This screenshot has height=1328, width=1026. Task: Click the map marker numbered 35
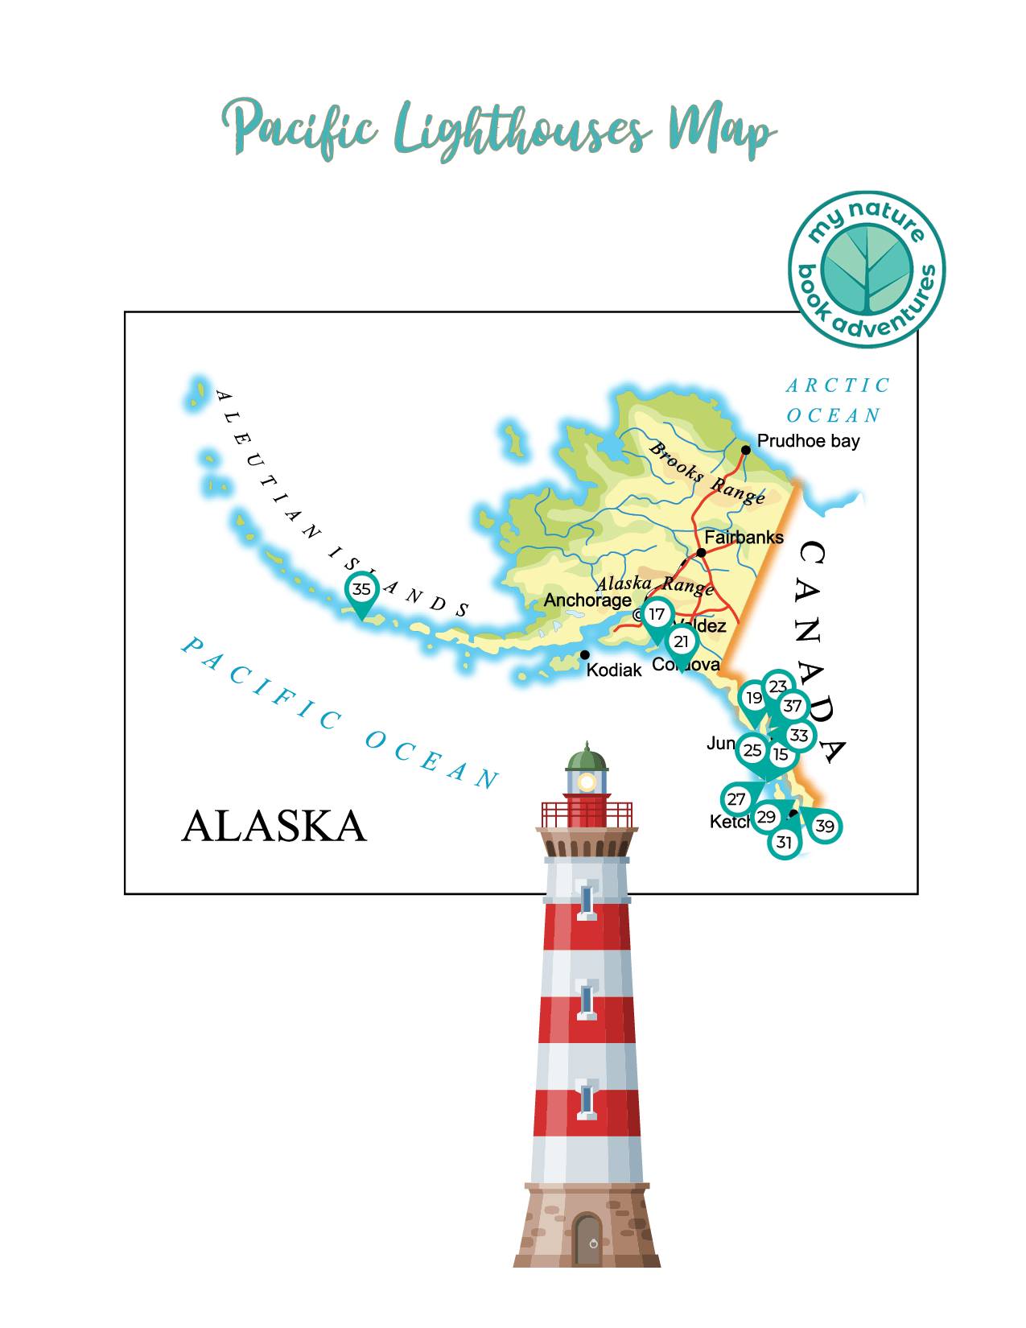click(362, 589)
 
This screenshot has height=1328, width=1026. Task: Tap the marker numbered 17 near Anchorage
click(657, 614)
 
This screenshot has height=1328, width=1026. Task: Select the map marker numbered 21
click(682, 641)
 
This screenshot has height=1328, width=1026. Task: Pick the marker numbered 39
click(825, 826)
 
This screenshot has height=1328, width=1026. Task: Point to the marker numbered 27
click(736, 799)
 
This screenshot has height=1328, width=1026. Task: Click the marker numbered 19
click(753, 698)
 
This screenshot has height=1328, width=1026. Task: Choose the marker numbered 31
click(784, 843)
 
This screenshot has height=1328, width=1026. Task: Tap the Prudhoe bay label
click(808, 441)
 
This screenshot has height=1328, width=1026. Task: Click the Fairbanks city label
click(744, 537)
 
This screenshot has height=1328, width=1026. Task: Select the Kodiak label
click(614, 670)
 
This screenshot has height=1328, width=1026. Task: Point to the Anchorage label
click(587, 600)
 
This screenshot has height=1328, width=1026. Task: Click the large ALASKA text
click(274, 826)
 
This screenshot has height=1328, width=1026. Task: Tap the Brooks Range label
click(707, 473)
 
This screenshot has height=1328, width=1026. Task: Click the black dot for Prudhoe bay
click(746, 450)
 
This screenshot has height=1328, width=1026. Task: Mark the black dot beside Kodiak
click(585, 655)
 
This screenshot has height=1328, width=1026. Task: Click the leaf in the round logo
click(867, 270)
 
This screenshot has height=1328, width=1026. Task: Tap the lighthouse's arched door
click(588, 1239)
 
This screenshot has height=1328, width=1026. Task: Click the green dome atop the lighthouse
click(587, 759)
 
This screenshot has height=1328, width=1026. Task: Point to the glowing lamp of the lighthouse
click(587, 782)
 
